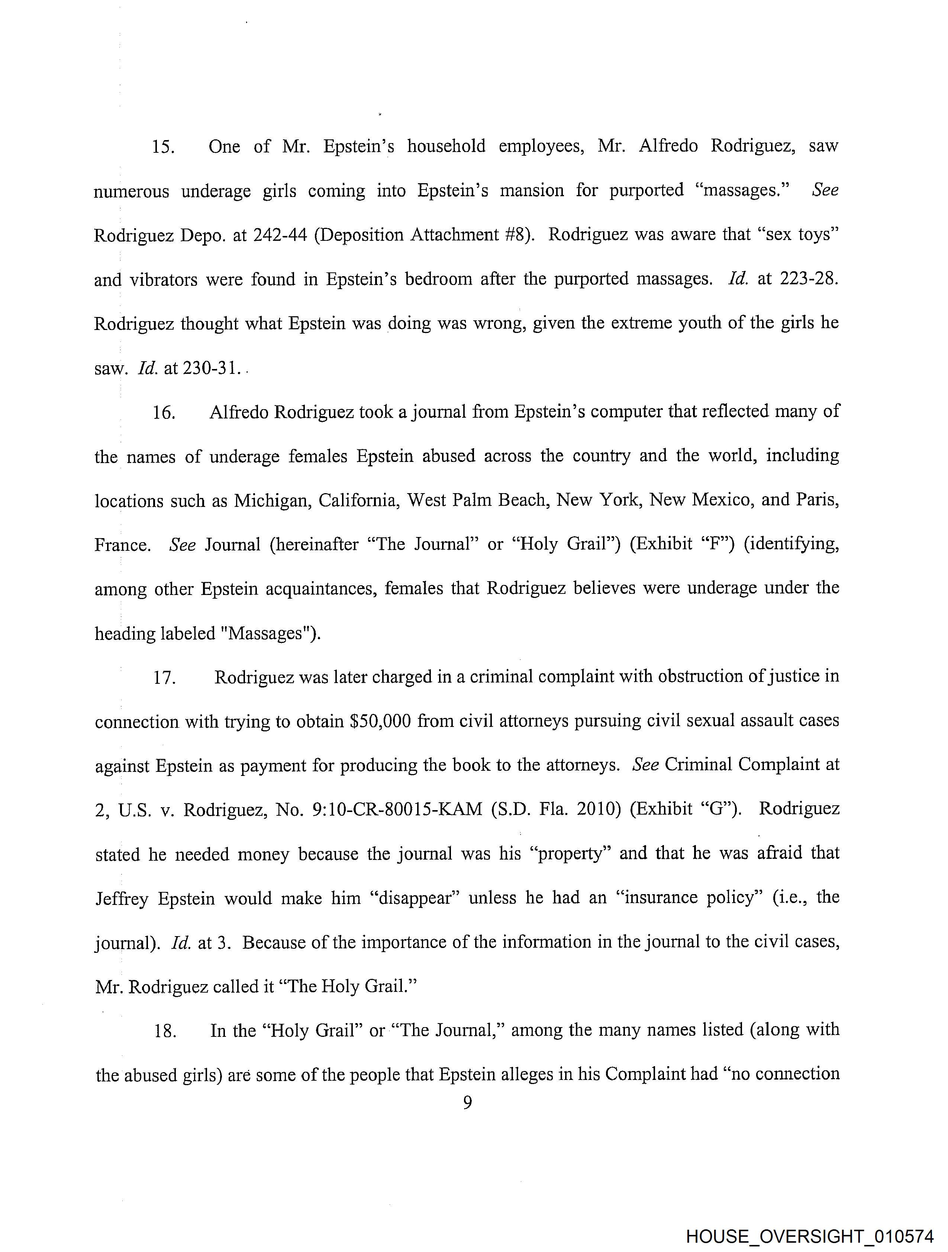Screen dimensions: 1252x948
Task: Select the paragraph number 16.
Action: click(163, 413)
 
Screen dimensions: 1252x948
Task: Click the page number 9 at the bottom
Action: click(468, 1103)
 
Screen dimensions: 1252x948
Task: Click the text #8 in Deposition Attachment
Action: click(516, 235)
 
